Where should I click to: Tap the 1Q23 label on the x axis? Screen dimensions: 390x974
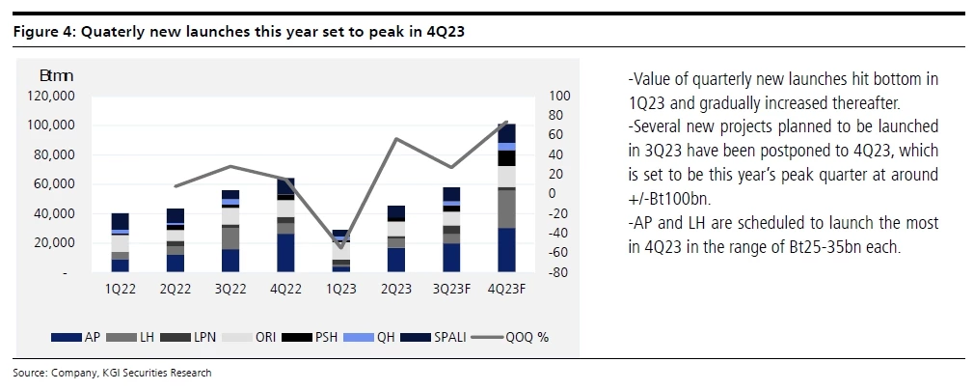(x=340, y=288)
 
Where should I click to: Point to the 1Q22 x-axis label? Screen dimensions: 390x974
(x=121, y=288)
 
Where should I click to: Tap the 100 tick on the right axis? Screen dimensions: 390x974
(x=559, y=96)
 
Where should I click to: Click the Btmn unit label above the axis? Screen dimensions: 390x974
(x=56, y=74)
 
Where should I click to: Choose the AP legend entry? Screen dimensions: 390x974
(x=81, y=337)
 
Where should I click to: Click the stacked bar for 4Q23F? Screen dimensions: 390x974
(x=505, y=203)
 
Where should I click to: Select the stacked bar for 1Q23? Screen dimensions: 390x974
(x=340, y=253)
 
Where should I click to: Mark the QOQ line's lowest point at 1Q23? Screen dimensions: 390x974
(x=340, y=247)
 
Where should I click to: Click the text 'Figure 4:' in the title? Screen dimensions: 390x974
(x=43, y=31)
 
